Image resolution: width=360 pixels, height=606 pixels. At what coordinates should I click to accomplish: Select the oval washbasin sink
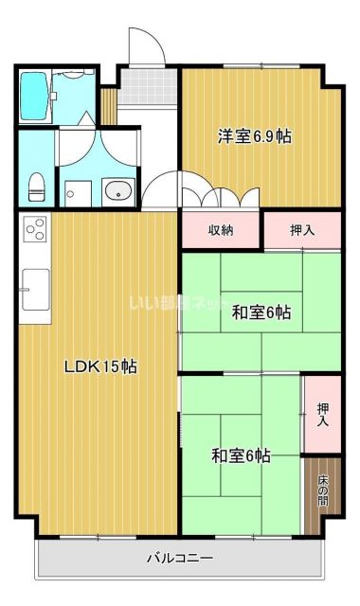120,189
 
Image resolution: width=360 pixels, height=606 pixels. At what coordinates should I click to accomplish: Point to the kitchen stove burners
35,230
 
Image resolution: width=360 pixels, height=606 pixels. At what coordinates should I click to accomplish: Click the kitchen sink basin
36,282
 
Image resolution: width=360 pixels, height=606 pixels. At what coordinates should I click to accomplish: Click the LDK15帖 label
100,366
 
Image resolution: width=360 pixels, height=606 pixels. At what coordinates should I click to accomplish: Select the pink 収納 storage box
220,229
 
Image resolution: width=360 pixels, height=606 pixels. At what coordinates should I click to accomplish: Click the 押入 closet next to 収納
301,229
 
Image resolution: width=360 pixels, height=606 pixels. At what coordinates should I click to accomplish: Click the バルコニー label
180,558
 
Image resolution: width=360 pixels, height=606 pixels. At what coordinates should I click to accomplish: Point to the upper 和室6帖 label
261,312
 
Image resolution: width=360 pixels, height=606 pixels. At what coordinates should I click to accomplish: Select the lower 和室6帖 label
241,456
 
